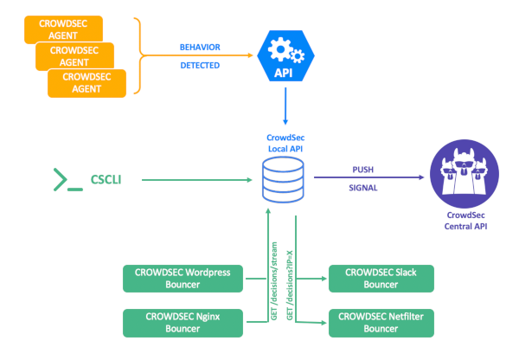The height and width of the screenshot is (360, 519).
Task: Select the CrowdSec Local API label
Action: point(285,145)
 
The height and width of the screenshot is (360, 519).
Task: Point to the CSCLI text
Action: point(107,180)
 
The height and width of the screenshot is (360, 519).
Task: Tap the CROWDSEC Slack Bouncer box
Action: point(380,278)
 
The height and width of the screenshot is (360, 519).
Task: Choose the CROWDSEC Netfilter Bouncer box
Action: point(380,322)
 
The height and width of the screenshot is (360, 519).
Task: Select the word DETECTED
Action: point(200,66)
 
